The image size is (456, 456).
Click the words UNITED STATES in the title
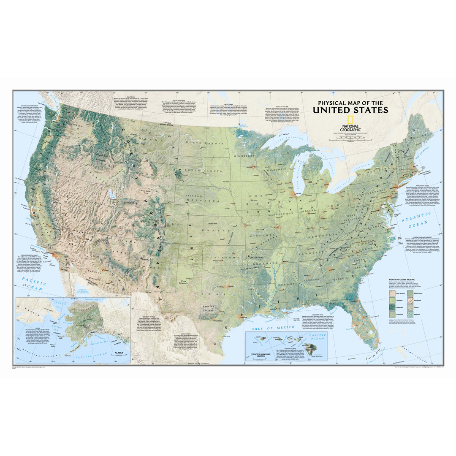pyautogui.click(x=350, y=111)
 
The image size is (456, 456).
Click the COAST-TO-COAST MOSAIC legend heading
pyautogui.click(x=402, y=280)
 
